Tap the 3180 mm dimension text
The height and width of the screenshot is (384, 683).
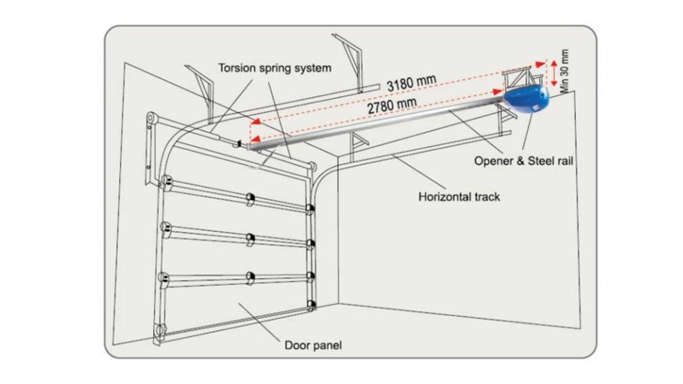pos(411,83)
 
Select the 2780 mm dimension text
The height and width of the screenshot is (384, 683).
pos(392,106)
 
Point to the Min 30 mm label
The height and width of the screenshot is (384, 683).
pos(565,71)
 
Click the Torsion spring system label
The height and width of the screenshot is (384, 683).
pos(275,68)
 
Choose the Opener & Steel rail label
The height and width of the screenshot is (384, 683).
pos(523,161)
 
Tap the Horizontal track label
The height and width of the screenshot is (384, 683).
pos(459,197)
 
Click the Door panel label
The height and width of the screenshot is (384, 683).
pos(313,345)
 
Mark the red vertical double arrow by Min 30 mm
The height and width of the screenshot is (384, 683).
pos(554,73)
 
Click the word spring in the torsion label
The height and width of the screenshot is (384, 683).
pos(275,69)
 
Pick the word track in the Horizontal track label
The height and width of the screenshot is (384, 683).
pos(486,197)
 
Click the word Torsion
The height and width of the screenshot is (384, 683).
pos(237,68)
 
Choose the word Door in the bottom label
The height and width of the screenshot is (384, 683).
pos(296,345)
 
